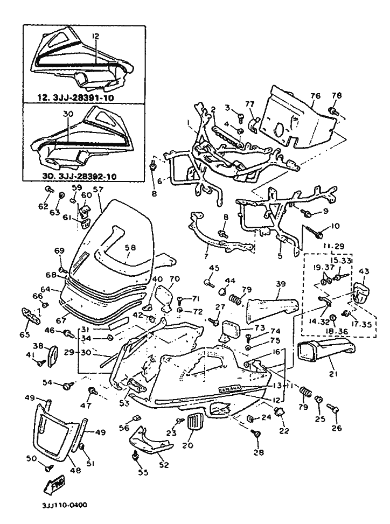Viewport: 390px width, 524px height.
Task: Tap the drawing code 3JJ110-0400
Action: point(64,506)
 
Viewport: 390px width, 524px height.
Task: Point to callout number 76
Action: point(315,96)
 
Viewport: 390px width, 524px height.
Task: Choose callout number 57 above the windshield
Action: point(97,190)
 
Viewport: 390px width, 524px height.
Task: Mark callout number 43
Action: point(363,271)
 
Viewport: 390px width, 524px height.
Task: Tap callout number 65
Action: point(25,334)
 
